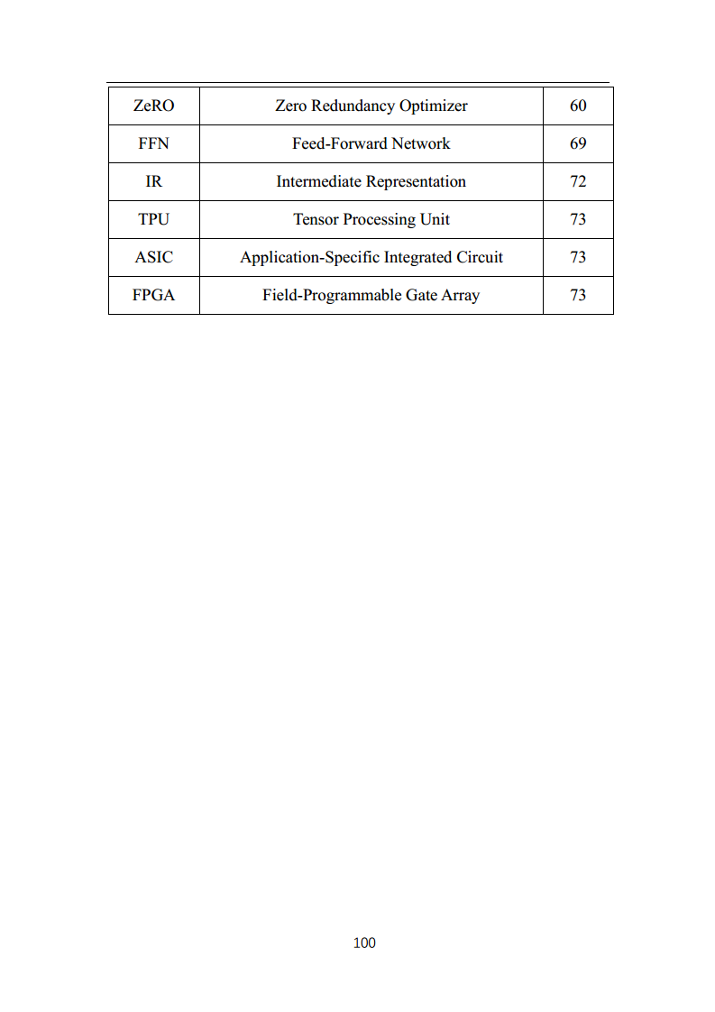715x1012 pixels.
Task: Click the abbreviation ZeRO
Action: tap(153, 106)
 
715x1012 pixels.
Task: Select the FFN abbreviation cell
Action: tap(153, 143)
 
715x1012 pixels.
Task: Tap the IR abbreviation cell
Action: tap(153, 181)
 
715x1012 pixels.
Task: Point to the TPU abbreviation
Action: tap(153, 219)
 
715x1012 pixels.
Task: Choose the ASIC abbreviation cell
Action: tap(153, 257)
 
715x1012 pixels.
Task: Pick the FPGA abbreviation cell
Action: tap(153, 295)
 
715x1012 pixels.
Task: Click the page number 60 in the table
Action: tap(578, 106)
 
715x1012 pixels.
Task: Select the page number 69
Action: tap(578, 143)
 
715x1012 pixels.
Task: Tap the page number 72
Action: tap(578, 181)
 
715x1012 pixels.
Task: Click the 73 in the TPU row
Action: tap(578, 219)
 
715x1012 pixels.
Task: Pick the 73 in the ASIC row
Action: tap(578, 257)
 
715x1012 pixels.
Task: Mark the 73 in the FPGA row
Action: tap(578, 295)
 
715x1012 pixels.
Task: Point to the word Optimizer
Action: tap(434, 106)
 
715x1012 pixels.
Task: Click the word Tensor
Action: tap(316, 219)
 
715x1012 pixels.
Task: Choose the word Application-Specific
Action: tap(309, 257)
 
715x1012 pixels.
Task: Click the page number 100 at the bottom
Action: tap(364, 943)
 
